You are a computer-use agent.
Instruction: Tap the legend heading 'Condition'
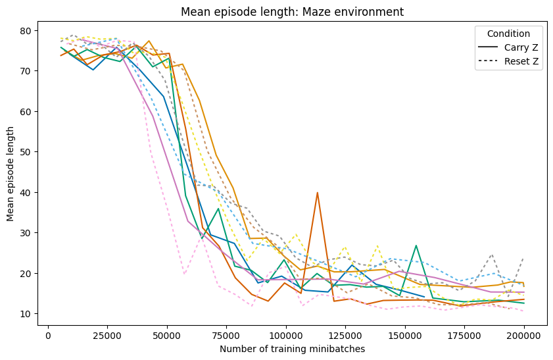pos(510,34)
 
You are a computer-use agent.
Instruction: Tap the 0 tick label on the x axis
pos(48,334)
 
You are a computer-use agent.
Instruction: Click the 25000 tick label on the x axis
pos(107,334)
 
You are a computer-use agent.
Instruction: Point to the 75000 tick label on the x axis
pos(226,334)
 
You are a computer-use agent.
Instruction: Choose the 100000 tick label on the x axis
pos(286,334)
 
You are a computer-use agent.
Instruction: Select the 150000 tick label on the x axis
pos(405,334)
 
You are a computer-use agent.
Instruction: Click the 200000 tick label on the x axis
pos(524,334)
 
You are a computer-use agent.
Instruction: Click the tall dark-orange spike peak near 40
pos(318,193)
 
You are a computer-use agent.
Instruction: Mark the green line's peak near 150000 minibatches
pos(416,245)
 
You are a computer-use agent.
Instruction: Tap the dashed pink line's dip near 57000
pos(185,274)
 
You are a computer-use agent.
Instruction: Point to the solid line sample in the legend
pos(489,47)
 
